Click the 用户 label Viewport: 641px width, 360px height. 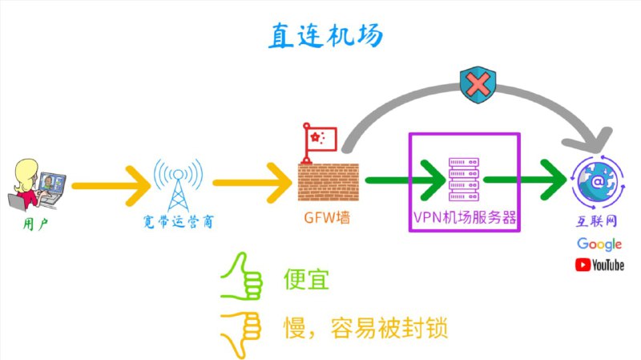point(35,221)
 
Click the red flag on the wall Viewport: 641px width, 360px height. point(318,138)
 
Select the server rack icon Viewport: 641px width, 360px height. point(464,179)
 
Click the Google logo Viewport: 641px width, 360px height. point(599,244)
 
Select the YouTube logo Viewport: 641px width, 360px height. point(599,265)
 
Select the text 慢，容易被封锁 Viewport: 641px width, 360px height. point(365,328)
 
